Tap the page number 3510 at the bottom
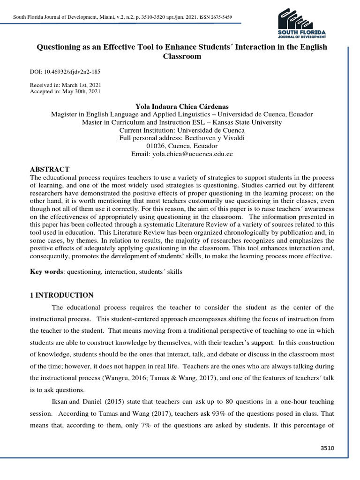327,448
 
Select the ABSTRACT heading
50,169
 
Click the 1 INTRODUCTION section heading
62,295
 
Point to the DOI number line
65,72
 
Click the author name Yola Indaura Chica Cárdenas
182,106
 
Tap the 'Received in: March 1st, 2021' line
65,85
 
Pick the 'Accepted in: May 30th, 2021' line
65,91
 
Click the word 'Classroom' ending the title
182,57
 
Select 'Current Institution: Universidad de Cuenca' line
182,130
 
